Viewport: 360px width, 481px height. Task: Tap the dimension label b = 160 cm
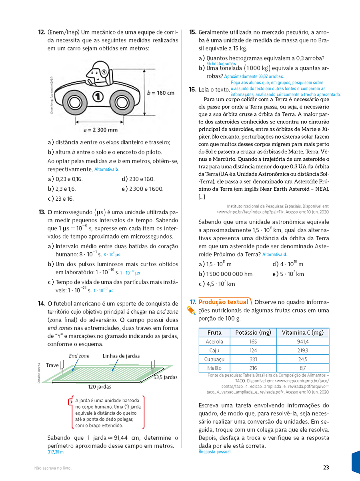coord(161,93)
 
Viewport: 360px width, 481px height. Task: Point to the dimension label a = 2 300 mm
coord(100,130)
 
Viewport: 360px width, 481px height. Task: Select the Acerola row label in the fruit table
coord(214,341)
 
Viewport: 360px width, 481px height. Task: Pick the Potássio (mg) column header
coord(253,332)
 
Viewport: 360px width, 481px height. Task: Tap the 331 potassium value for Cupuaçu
coord(253,359)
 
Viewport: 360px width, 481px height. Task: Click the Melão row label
coord(214,368)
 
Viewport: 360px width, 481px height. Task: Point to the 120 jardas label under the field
coord(100,387)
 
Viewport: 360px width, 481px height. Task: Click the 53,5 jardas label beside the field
coord(165,377)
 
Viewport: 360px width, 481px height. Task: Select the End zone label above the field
coord(79,356)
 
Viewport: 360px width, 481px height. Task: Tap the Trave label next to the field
coord(52,365)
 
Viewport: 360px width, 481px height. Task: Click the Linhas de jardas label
coord(121,356)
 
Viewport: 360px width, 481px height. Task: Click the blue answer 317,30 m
coord(56,452)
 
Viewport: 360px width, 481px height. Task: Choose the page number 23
coord(326,467)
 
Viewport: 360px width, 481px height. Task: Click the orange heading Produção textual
coord(223,302)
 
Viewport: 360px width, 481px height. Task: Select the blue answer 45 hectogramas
coord(221,64)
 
